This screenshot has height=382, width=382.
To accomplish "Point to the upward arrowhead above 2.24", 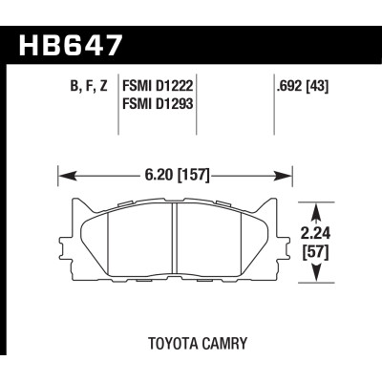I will point(315,205).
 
